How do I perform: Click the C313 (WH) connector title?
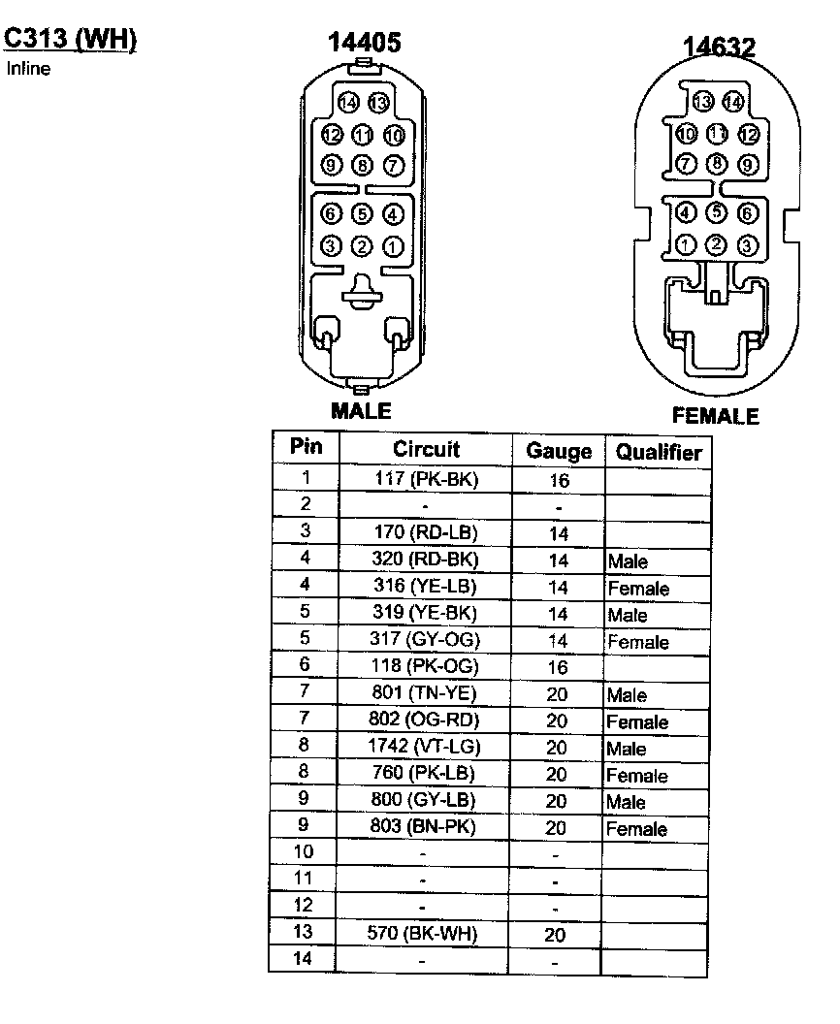click(x=70, y=39)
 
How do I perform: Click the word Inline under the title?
click(x=28, y=69)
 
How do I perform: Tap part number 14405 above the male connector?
click(x=364, y=42)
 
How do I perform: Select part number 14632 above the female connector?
click(x=719, y=48)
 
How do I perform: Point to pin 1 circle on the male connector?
click(x=393, y=246)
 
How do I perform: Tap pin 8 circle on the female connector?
click(x=717, y=164)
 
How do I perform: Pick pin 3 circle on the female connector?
click(x=747, y=244)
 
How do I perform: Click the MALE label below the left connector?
click(x=362, y=410)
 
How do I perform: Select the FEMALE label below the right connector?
click(x=716, y=416)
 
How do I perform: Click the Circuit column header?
click(x=426, y=449)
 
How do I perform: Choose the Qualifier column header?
click(x=659, y=452)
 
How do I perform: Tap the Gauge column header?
click(x=558, y=451)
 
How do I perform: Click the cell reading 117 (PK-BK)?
click(x=426, y=478)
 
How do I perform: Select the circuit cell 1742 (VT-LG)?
click(x=426, y=747)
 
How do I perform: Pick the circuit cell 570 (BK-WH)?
click(x=426, y=934)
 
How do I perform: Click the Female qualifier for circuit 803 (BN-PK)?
click(x=637, y=829)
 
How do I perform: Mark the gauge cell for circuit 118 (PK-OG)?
click(x=558, y=667)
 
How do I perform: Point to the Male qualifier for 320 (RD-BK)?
click(x=628, y=561)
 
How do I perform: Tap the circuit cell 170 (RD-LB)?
click(x=426, y=532)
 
